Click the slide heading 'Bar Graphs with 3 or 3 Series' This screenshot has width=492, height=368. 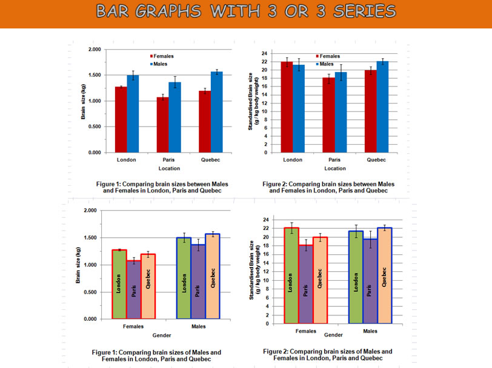[x=245, y=11]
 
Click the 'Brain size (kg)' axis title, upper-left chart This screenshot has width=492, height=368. [x=84, y=102]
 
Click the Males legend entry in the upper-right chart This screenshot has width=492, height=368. [x=326, y=64]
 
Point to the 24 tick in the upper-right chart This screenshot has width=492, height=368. [x=264, y=53]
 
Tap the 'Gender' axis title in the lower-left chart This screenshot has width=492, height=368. [x=161, y=335]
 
